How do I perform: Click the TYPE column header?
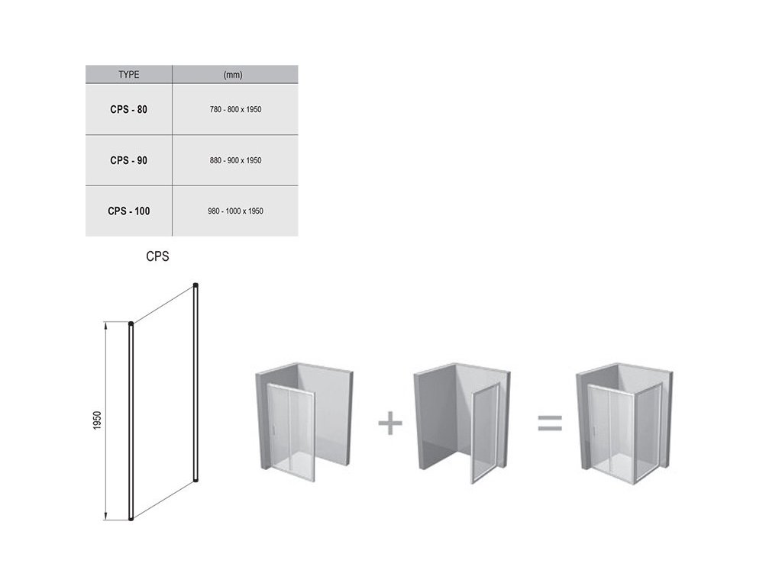(128, 75)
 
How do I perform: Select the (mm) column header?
(233, 75)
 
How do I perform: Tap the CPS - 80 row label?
(128, 110)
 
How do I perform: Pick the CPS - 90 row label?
(128, 160)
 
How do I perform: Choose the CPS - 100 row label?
(128, 211)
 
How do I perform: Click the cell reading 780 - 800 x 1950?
(235, 110)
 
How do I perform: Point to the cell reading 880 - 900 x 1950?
(235, 160)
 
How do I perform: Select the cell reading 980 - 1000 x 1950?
(235, 211)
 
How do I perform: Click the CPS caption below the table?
(157, 256)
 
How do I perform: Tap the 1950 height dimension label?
(97, 420)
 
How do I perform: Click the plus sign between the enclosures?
(390, 423)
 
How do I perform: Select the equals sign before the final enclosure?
(550, 423)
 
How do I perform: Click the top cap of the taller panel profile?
(196, 285)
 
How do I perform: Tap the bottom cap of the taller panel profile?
(196, 481)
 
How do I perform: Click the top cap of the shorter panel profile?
(131, 324)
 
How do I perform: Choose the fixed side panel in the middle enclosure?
(485, 433)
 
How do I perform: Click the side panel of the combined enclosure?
(648, 433)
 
